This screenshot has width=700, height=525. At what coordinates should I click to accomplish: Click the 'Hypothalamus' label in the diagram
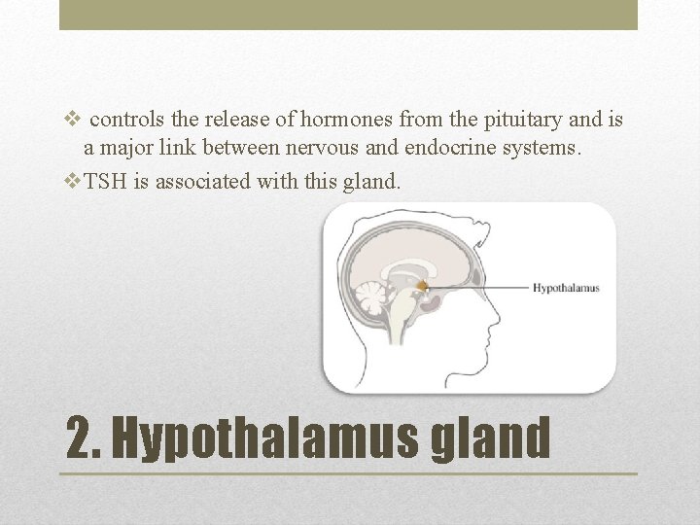[566, 288]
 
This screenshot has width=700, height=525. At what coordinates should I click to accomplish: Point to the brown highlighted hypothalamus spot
[424, 286]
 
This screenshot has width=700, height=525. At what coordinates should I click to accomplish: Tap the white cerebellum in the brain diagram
[370, 297]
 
